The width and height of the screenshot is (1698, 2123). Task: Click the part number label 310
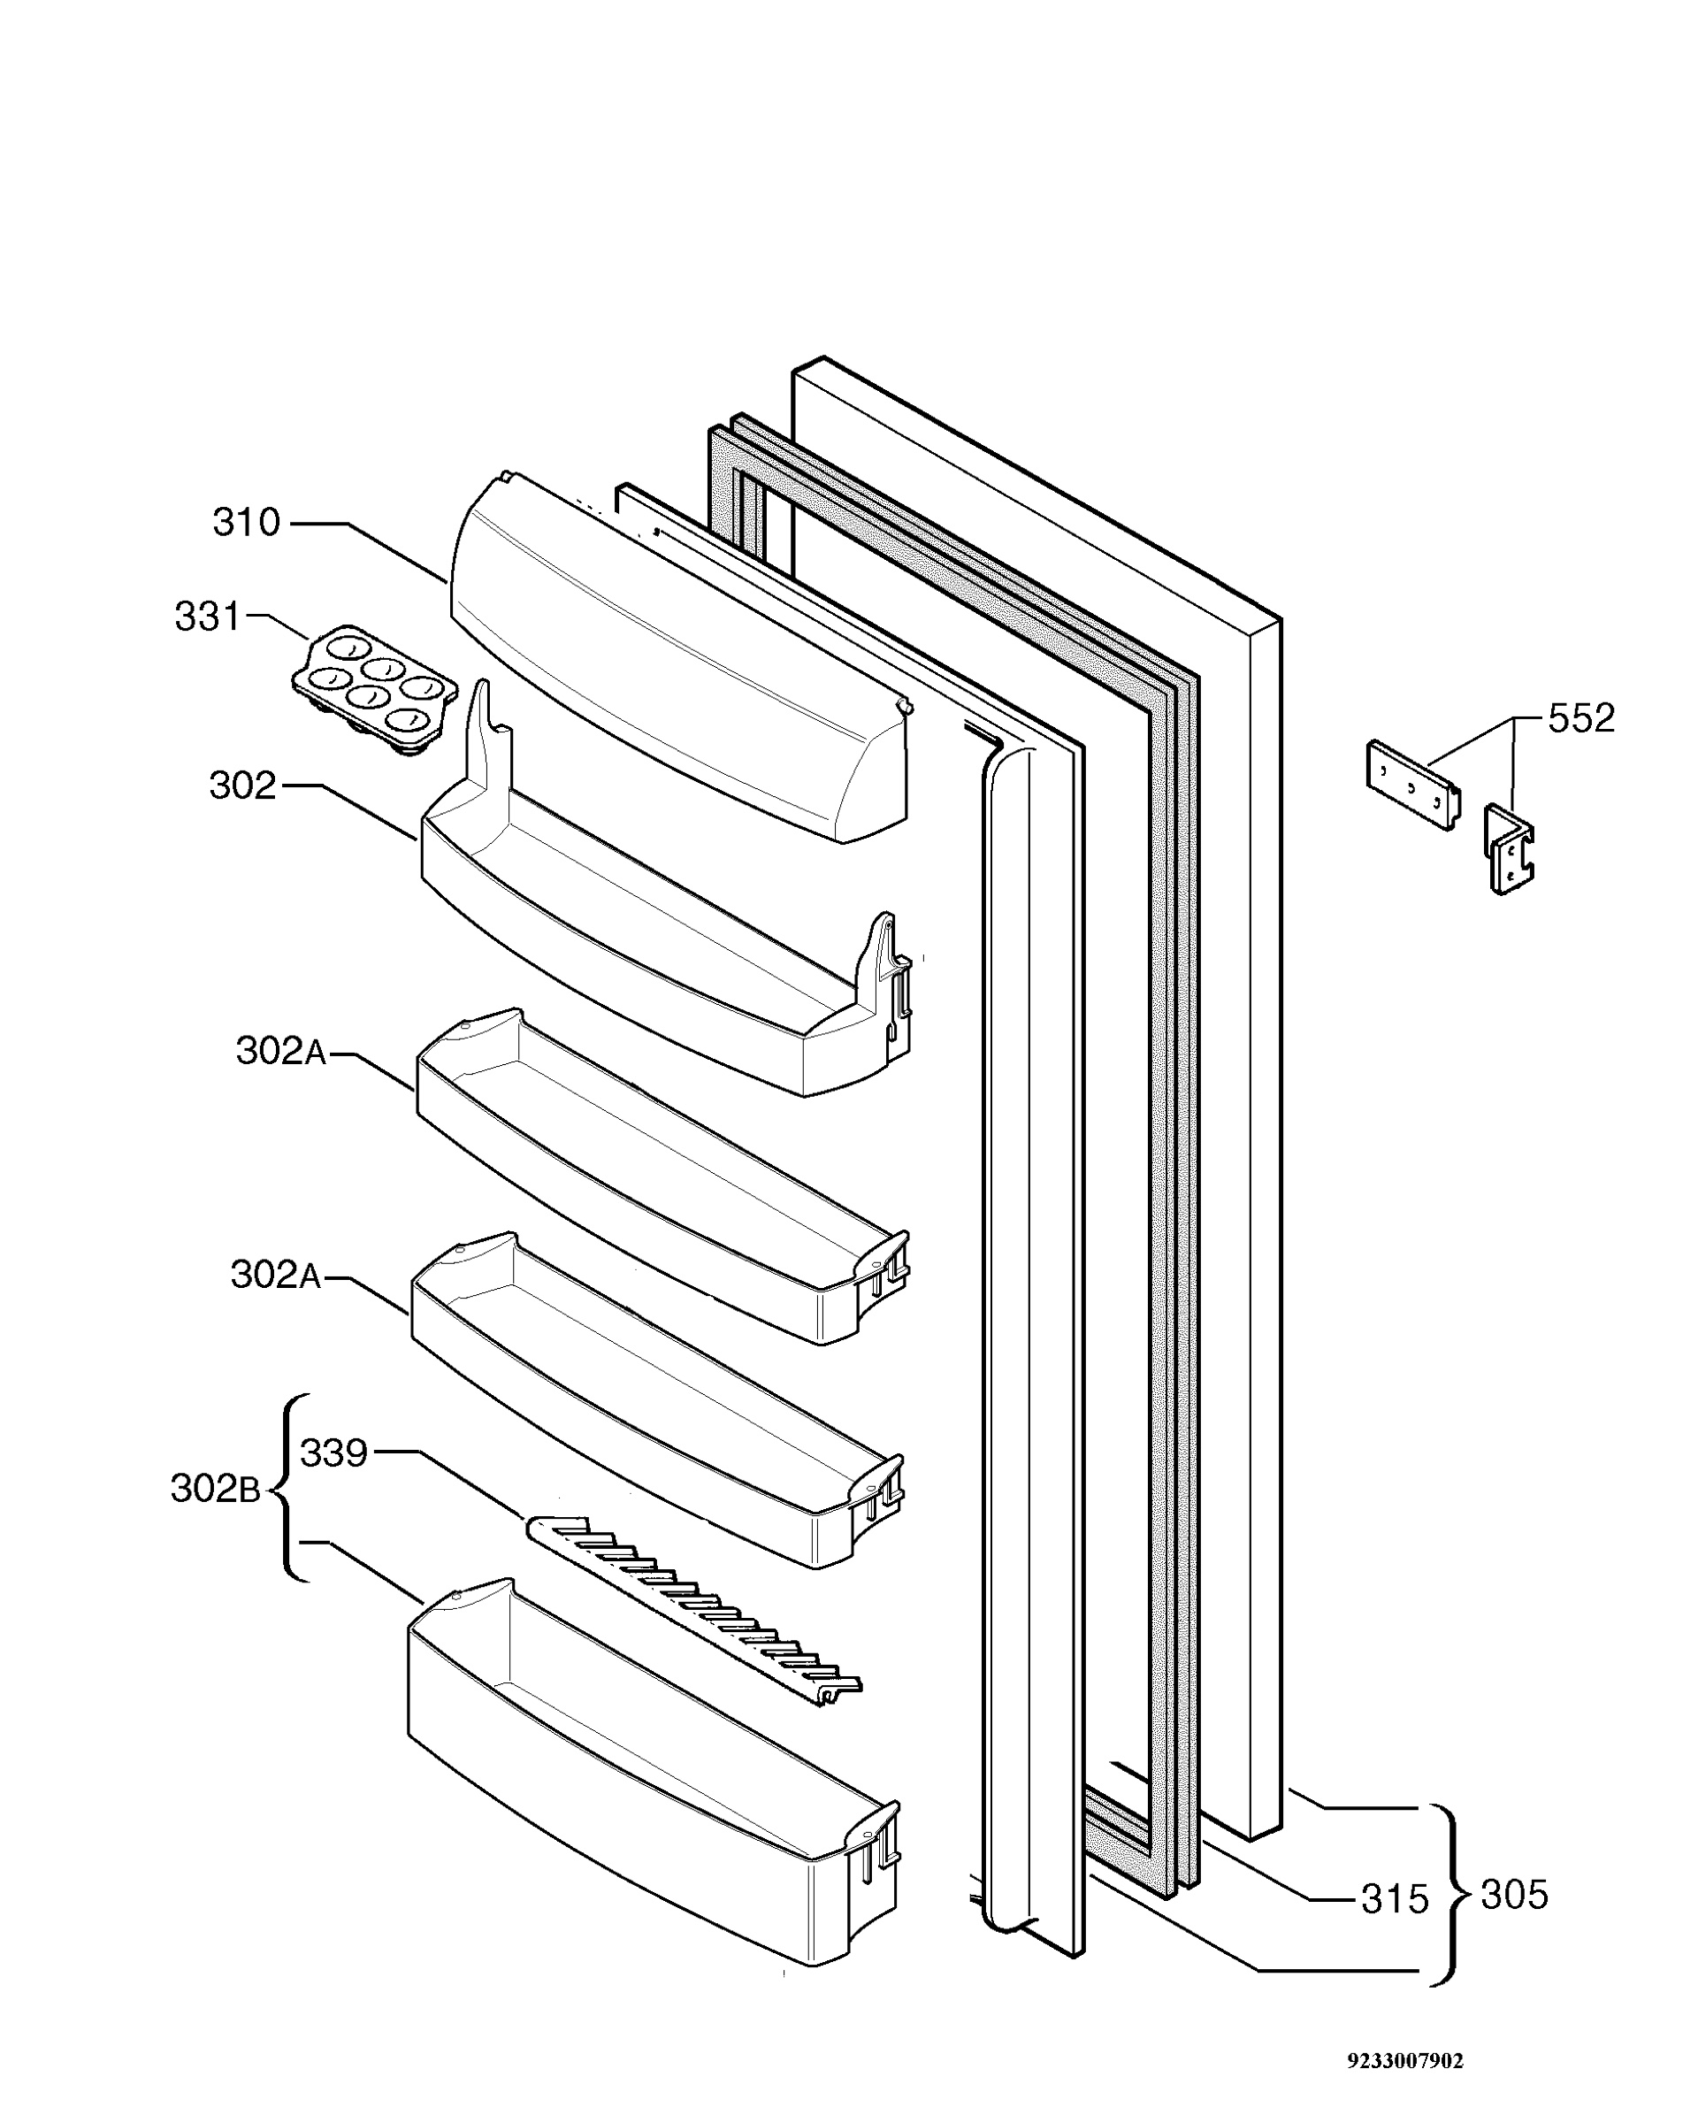point(246,522)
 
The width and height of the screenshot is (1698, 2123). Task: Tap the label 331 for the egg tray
point(207,617)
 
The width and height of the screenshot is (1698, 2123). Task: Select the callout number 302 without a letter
point(242,785)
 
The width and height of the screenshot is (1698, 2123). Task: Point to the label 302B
point(216,1488)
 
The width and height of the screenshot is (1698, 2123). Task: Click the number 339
point(333,1452)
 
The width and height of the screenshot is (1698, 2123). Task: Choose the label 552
point(1581,718)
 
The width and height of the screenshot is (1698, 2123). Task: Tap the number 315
point(1394,1898)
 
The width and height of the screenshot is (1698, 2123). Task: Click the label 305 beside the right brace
point(1514,1894)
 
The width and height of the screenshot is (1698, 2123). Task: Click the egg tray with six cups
point(375,689)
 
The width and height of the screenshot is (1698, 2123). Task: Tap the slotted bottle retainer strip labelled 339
point(694,1608)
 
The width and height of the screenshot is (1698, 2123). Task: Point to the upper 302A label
point(280,1051)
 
